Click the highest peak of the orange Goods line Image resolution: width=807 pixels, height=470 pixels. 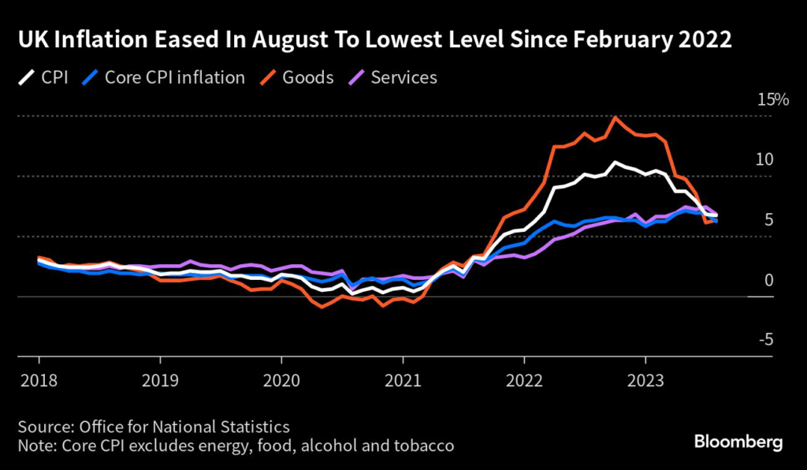615,117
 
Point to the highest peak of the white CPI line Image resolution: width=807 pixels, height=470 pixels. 615,162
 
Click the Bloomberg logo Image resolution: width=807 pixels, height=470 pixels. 738,442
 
